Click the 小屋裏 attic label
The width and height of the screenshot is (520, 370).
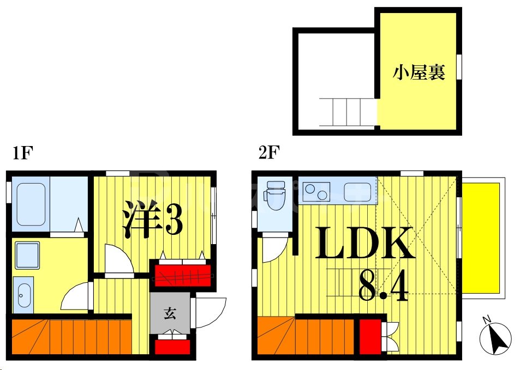pyautogui.click(x=419, y=72)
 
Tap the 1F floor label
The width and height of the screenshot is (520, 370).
pyautogui.click(x=23, y=154)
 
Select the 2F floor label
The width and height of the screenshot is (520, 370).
pyautogui.click(x=268, y=154)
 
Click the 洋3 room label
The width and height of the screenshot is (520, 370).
pyautogui.click(x=152, y=219)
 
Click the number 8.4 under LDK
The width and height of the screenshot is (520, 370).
pyautogui.click(x=383, y=287)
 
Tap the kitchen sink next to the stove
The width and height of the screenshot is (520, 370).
pyautogui.click(x=357, y=191)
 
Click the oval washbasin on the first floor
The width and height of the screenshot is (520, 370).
pyautogui.click(x=23, y=295)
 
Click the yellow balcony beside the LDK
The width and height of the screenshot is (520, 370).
pyautogui.click(x=481, y=238)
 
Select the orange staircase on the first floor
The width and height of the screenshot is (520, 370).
pyautogui.click(x=71, y=337)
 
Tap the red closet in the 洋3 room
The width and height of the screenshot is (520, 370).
pyautogui.click(x=182, y=274)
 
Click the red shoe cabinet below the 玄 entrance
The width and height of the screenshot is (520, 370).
pyautogui.click(x=172, y=347)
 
